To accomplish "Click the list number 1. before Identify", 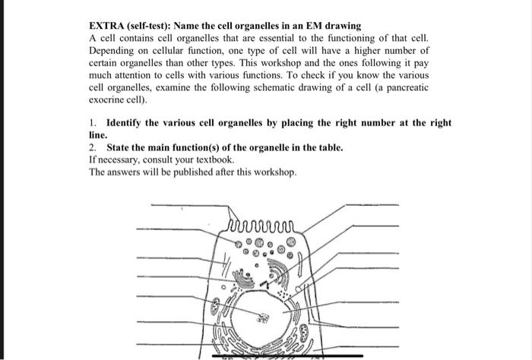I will (93, 122).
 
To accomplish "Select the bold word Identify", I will (124, 122).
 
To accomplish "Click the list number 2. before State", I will (93, 147).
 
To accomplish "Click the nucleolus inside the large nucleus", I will (264, 318).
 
